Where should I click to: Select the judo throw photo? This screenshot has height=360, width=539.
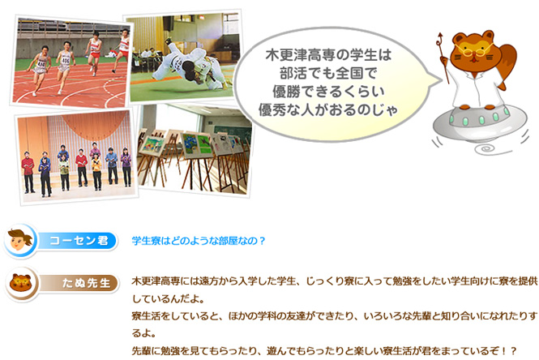pyautogui.click(x=183, y=57)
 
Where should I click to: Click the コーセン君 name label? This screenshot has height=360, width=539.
pyautogui.click(x=79, y=241)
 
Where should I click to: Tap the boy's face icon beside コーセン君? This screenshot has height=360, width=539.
pyautogui.click(x=20, y=240)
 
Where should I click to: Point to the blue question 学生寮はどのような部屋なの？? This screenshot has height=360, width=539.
pyautogui.click(x=199, y=241)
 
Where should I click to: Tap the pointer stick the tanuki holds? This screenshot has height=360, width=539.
pyautogui.click(x=443, y=58)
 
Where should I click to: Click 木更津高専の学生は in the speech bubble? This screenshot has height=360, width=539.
pyautogui.click(x=328, y=55)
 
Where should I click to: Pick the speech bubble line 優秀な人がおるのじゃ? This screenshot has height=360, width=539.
pyautogui.click(x=328, y=110)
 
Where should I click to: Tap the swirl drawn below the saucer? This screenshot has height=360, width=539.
pyautogui.click(x=486, y=149)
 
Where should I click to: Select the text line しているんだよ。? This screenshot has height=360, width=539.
pyautogui.click(x=168, y=299)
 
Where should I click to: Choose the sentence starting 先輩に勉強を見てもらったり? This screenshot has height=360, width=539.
pyautogui.click(x=324, y=351)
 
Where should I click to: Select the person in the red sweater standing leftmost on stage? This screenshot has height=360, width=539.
pyautogui.click(x=28, y=172)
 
